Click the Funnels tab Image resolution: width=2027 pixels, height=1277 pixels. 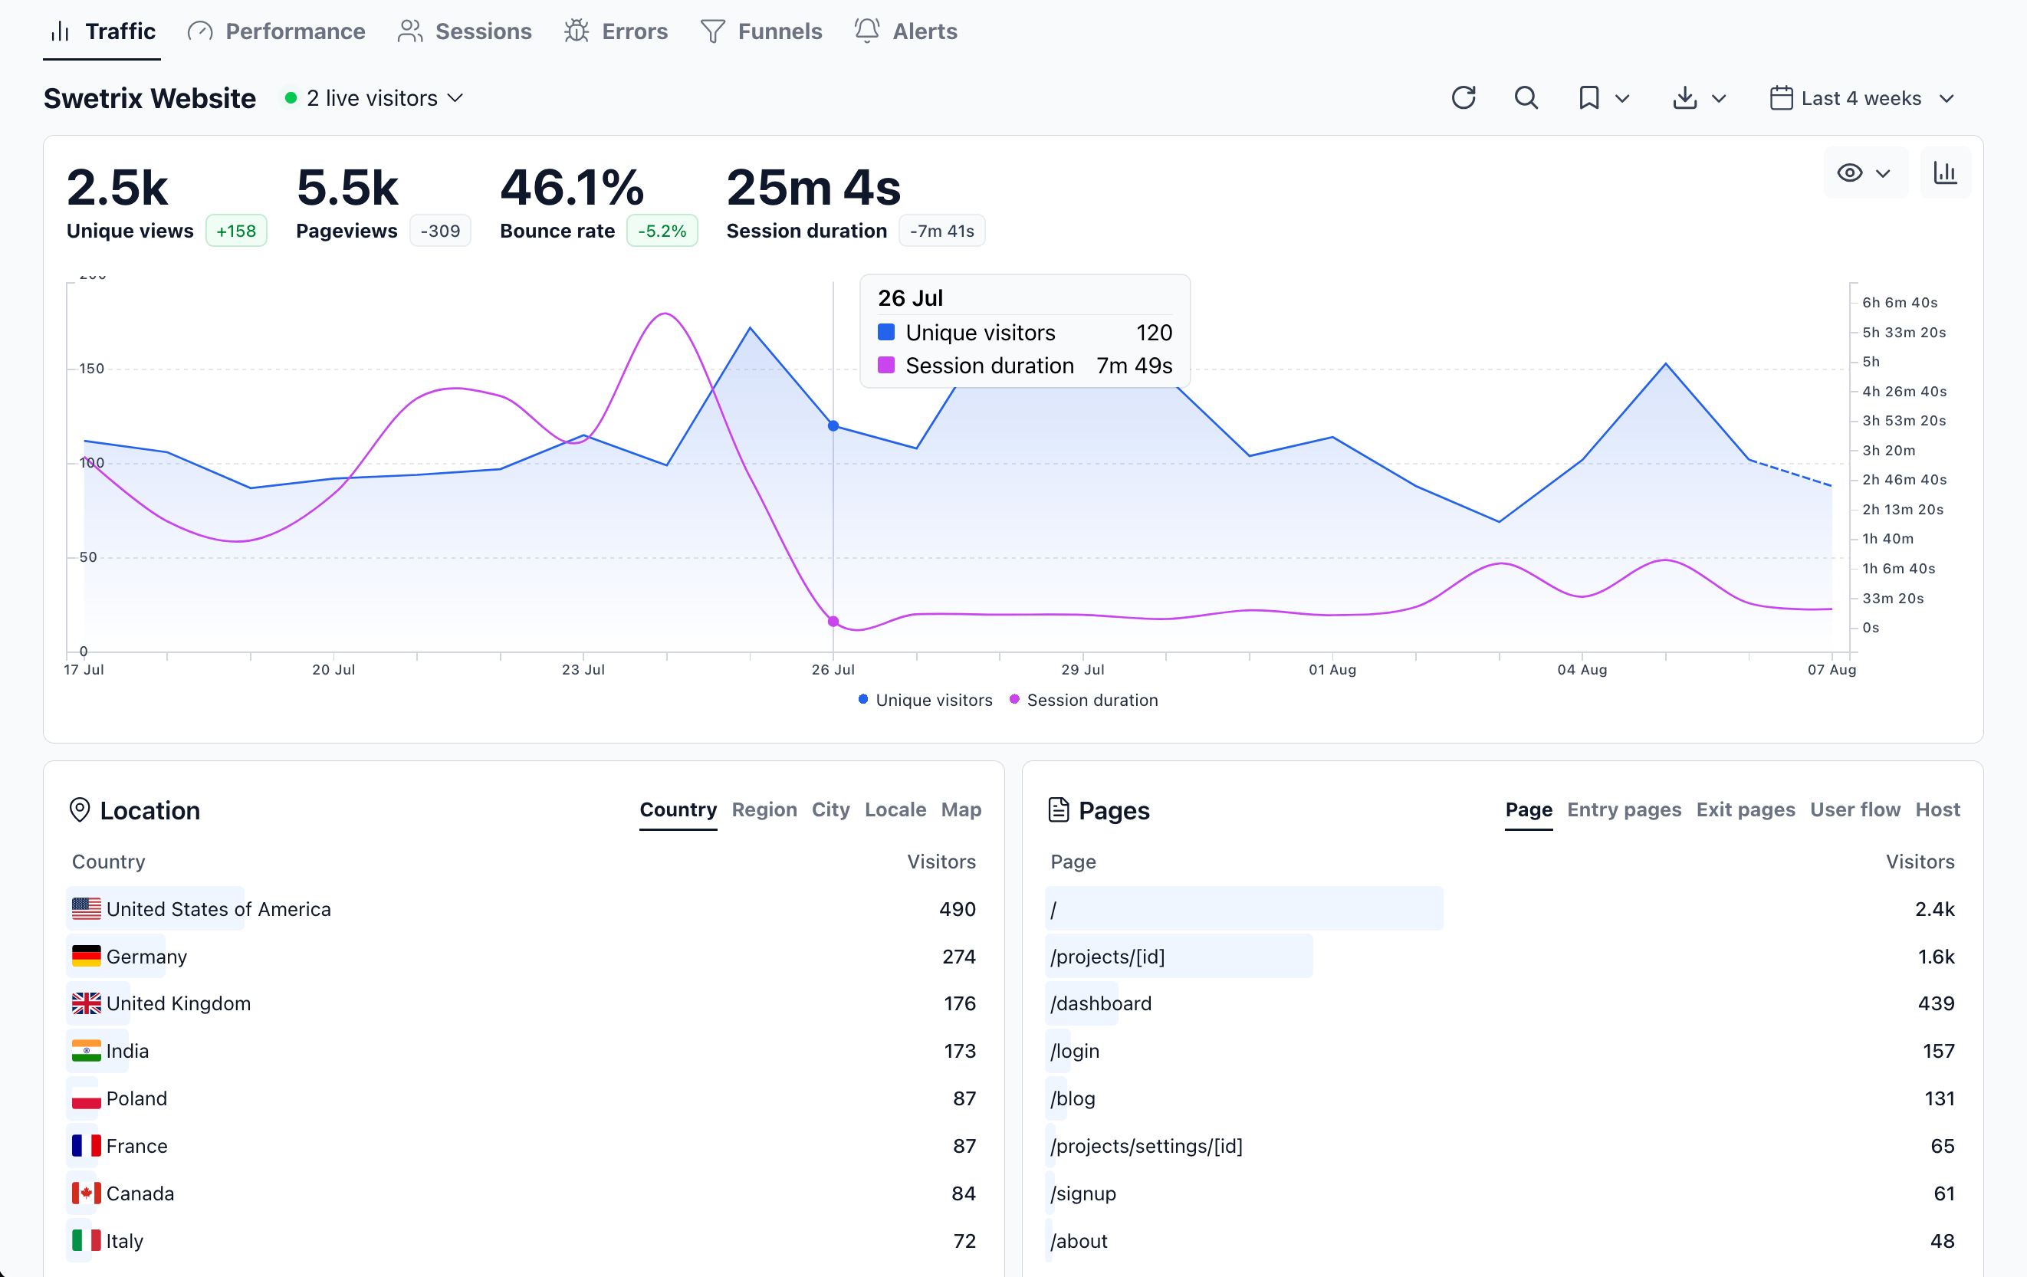point(761,31)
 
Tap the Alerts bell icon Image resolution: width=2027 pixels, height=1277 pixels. point(866,31)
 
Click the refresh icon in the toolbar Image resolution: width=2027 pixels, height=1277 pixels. point(1463,97)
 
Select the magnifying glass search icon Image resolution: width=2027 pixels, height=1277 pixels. point(1526,97)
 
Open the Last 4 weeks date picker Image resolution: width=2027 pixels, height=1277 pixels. point(1861,98)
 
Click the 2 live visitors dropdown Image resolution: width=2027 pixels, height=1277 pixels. point(375,98)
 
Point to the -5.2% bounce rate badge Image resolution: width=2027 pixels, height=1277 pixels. point(662,231)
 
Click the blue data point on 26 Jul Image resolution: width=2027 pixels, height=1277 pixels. point(833,426)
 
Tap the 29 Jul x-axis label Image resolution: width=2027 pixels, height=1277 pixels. point(1082,669)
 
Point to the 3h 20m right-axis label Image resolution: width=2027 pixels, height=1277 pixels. point(1888,451)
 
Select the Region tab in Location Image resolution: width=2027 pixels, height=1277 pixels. point(764,809)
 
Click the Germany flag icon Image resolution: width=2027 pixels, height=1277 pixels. point(86,957)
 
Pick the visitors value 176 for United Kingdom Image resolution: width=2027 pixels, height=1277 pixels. point(959,1003)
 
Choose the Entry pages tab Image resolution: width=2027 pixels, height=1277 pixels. point(1623,809)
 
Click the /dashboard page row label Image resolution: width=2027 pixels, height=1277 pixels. point(1100,1003)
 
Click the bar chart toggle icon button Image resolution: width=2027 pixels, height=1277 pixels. point(1944,172)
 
